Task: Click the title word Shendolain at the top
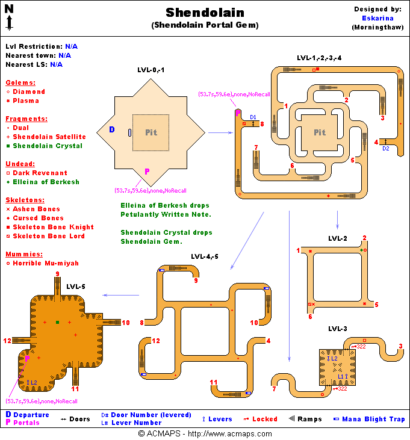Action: (205, 13)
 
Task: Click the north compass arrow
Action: (10, 18)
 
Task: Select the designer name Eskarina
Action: (378, 18)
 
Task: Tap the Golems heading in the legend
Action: (20, 82)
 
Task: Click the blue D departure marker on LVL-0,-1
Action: (111, 129)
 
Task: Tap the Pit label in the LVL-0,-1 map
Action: (151, 132)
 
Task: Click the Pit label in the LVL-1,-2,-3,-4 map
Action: (319, 132)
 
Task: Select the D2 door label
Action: (386, 148)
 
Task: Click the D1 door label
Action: (253, 117)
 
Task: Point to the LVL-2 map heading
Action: (337, 238)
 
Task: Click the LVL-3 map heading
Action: (337, 329)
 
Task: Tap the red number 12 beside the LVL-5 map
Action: (7, 341)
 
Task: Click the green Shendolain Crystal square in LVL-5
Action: (57, 323)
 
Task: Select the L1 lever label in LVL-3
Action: (340, 376)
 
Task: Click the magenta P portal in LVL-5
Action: (27, 358)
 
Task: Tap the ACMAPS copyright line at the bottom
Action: (205, 433)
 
